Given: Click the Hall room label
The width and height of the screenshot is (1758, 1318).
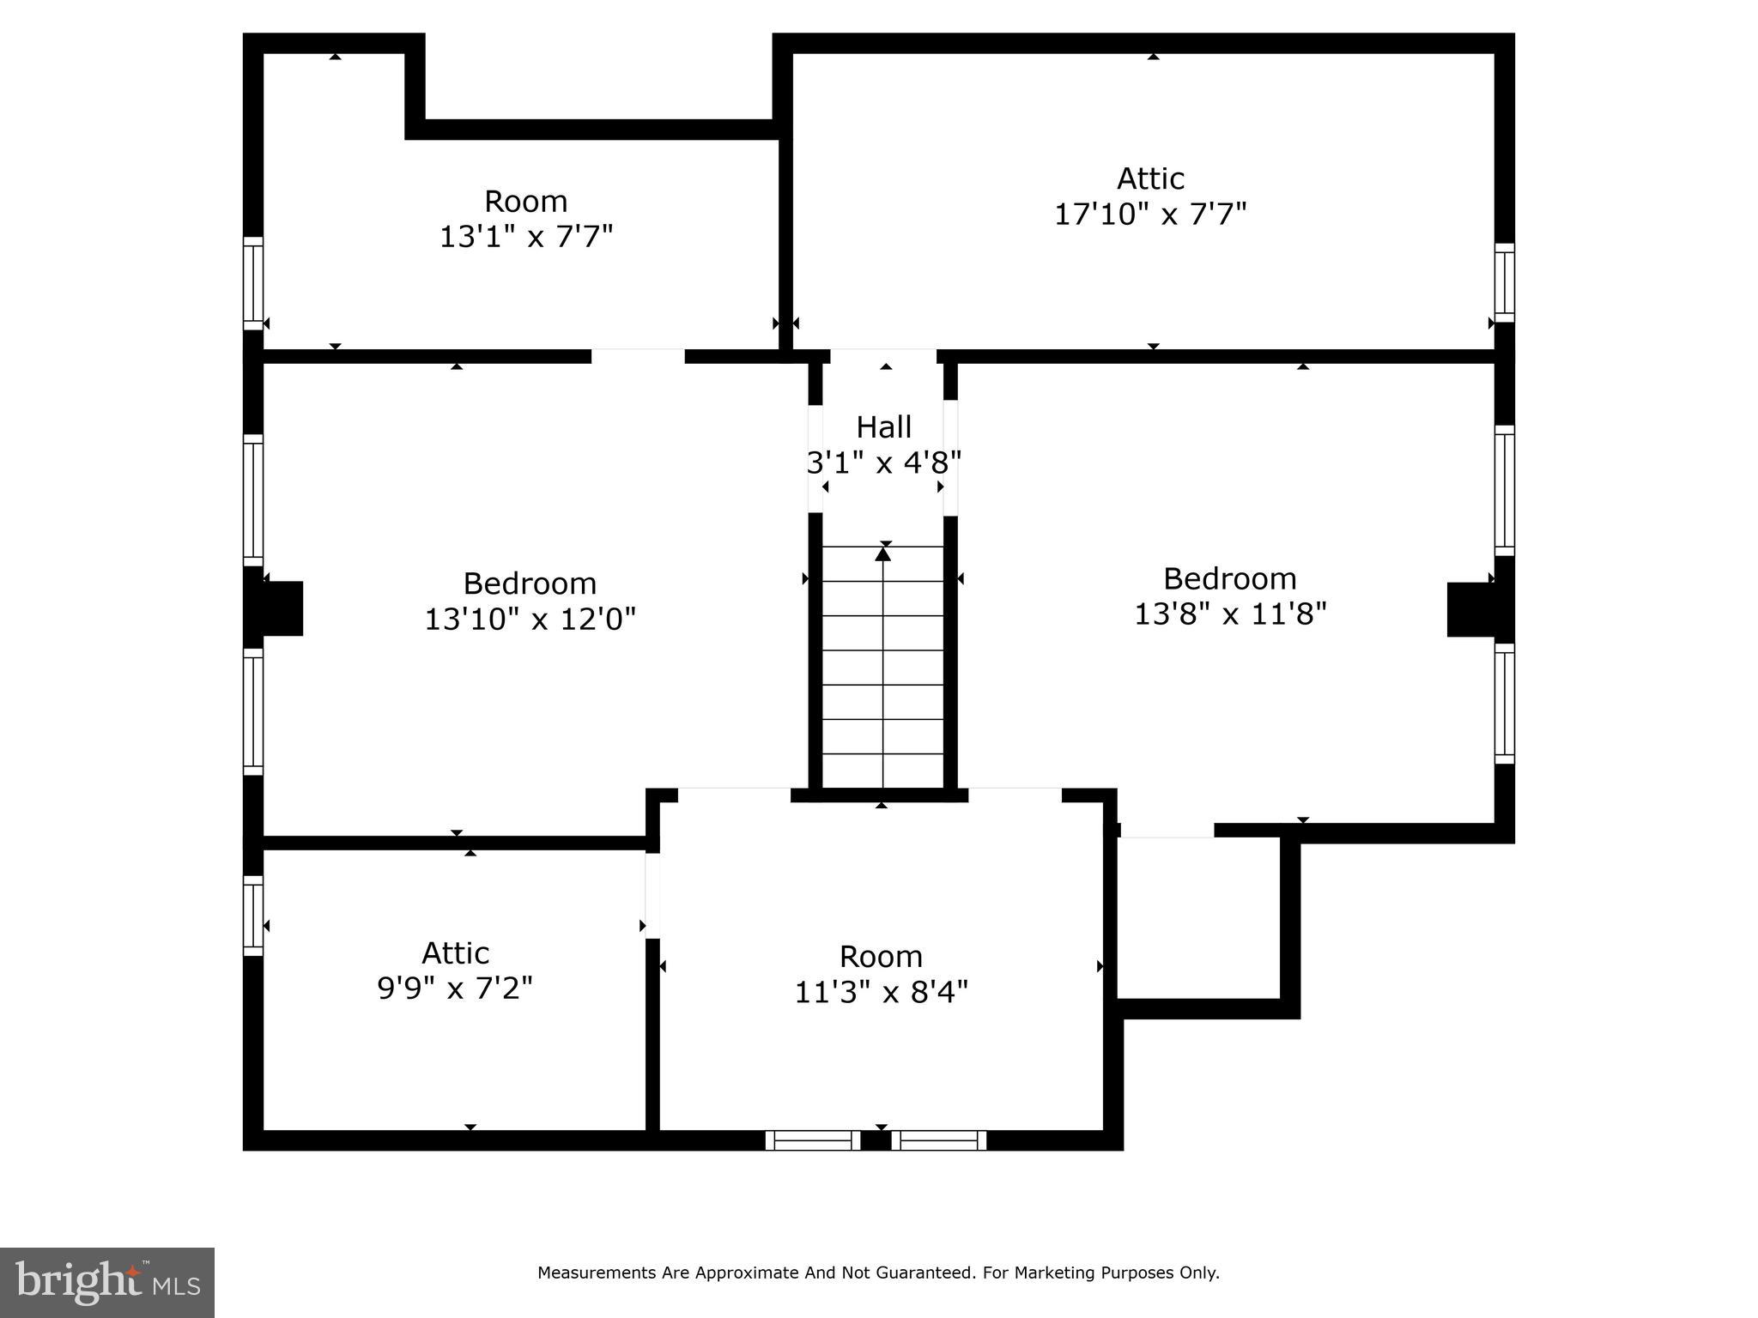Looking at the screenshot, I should (x=883, y=426).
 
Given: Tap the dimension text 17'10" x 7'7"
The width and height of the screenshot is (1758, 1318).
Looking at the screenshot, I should (x=1149, y=214).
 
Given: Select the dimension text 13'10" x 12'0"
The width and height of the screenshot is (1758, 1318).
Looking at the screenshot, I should (x=530, y=619).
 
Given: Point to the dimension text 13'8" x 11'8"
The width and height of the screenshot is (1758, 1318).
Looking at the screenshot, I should (x=1229, y=614).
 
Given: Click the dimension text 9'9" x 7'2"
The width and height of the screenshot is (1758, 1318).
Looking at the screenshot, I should (x=454, y=988).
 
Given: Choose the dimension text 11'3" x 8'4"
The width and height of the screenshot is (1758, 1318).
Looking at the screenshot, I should (x=881, y=993).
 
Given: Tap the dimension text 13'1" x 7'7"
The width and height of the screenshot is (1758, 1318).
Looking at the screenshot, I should (x=526, y=237).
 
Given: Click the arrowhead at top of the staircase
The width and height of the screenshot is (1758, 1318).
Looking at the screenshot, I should (x=882, y=554).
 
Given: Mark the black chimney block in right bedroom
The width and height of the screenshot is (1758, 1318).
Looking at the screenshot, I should (x=1471, y=609).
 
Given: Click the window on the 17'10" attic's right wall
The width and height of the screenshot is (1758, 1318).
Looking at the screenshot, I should (x=1504, y=282).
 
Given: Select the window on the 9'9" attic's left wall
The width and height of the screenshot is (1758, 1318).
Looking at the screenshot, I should (x=252, y=916).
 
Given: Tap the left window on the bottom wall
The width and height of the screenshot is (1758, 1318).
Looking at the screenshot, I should (x=812, y=1140).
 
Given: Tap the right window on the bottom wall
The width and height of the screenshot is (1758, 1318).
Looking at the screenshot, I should (x=938, y=1140).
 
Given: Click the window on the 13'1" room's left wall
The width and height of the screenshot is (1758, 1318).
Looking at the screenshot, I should (x=252, y=283).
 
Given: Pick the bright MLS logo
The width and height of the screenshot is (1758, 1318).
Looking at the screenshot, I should (x=106, y=1282).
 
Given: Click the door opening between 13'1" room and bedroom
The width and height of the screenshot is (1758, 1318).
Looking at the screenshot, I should (x=638, y=356).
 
